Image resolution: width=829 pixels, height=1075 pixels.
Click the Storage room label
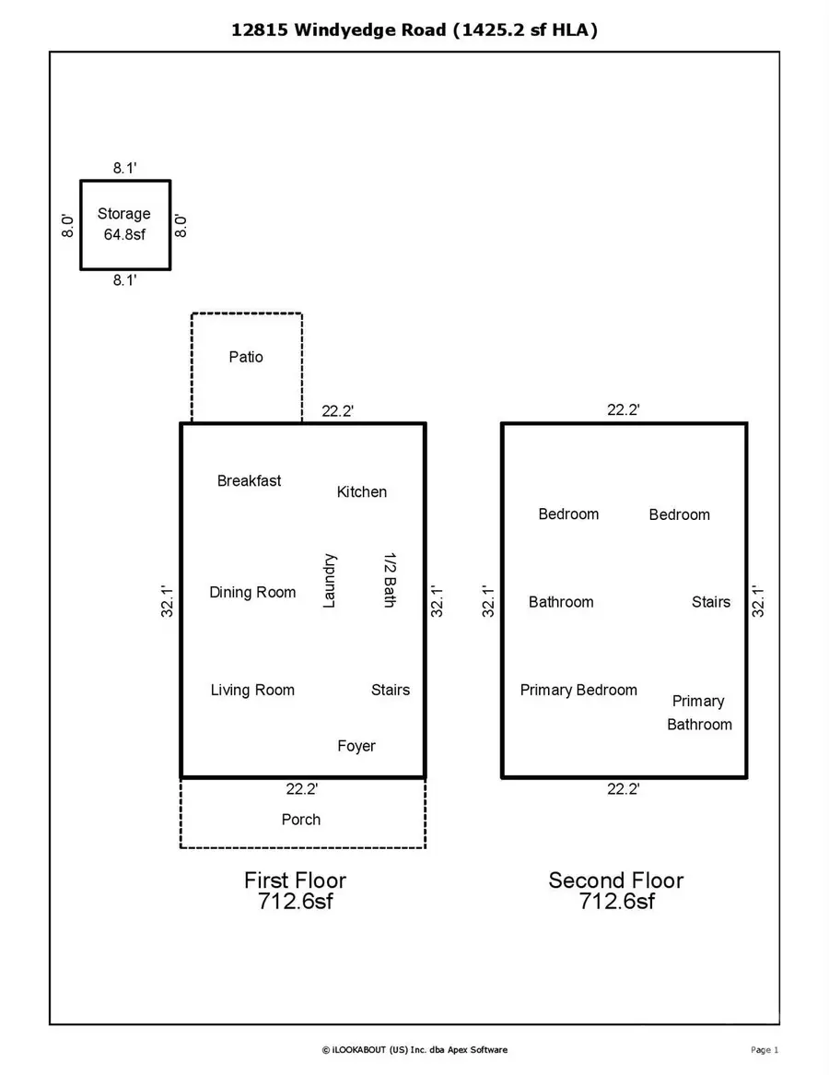pos(123,214)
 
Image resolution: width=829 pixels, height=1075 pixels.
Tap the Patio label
pos(246,357)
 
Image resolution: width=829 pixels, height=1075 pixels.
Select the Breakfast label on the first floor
pos(249,480)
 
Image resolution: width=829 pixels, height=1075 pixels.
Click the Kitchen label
pos(362,492)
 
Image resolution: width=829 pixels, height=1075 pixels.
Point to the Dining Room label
pos(252,592)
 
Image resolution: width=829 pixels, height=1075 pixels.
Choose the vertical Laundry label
pos(330,581)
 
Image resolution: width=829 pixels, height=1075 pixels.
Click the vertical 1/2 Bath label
pos(389,581)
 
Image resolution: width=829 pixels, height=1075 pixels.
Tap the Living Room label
pos(252,690)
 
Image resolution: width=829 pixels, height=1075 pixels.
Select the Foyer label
pos(356,746)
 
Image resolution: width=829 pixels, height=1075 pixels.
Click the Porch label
pos(301,820)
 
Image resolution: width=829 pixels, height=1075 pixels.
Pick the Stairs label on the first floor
pos(391,690)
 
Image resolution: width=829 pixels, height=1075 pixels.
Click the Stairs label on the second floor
pos(711,602)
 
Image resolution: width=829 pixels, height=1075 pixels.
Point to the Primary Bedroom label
pos(578,690)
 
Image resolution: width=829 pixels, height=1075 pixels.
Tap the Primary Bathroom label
pos(699,713)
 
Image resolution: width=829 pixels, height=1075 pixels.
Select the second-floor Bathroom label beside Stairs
pos(561,602)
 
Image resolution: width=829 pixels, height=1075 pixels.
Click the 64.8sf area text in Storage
pos(123,235)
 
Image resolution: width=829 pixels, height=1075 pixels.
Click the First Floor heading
pos(295,880)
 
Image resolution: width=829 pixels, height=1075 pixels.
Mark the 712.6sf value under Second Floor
pos(616,902)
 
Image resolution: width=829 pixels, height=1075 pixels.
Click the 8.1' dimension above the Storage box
pos(125,168)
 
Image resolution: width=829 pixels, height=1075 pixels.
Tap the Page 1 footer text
pos(765,1049)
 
